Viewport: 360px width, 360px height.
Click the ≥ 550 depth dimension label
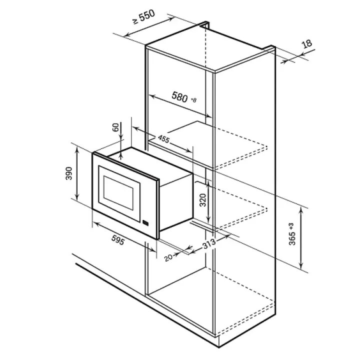coord(144,16)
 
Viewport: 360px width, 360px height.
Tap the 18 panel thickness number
coord(307,44)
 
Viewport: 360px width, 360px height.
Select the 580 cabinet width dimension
coord(180,96)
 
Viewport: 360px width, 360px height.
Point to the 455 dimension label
coord(163,139)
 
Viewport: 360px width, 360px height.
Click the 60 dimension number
coord(115,127)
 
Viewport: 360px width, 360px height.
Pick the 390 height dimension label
coord(69,173)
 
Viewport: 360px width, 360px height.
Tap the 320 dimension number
coord(203,200)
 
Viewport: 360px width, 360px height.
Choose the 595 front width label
coord(118,240)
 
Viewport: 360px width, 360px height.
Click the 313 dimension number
coord(209,243)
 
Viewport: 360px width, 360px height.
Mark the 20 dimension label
coord(168,257)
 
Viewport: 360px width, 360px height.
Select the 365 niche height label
coord(292,238)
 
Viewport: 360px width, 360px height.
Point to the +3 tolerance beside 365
coord(292,226)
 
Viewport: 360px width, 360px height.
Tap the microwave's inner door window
coord(118,193)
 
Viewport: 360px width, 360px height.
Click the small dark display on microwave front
coord(145,222)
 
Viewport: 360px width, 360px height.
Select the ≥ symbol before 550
coord(135,21)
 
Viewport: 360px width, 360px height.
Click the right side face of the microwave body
coord(176,202)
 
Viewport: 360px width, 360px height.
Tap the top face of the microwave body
coord(149,163)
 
